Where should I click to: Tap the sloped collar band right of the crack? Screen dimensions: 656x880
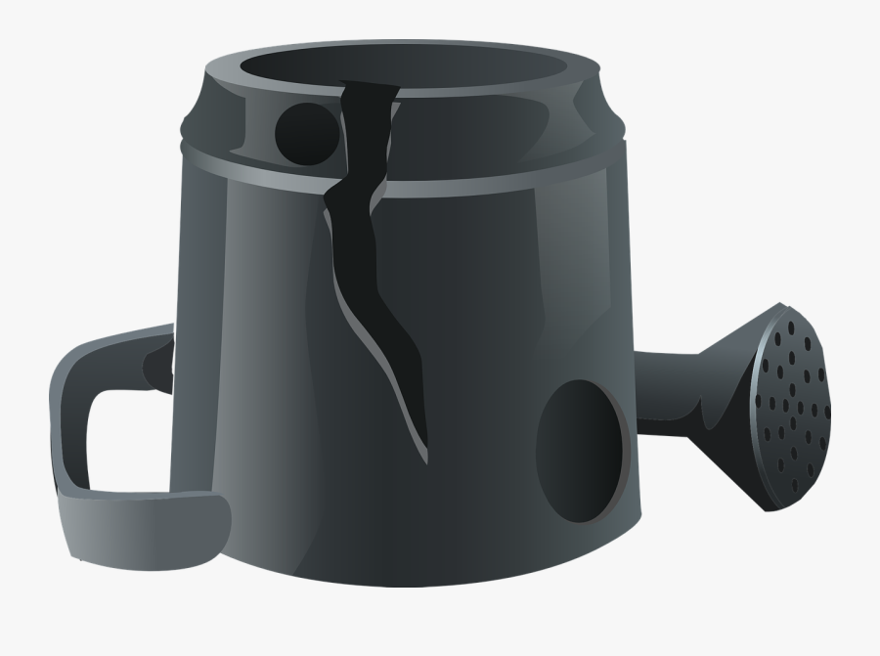[508, 127]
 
